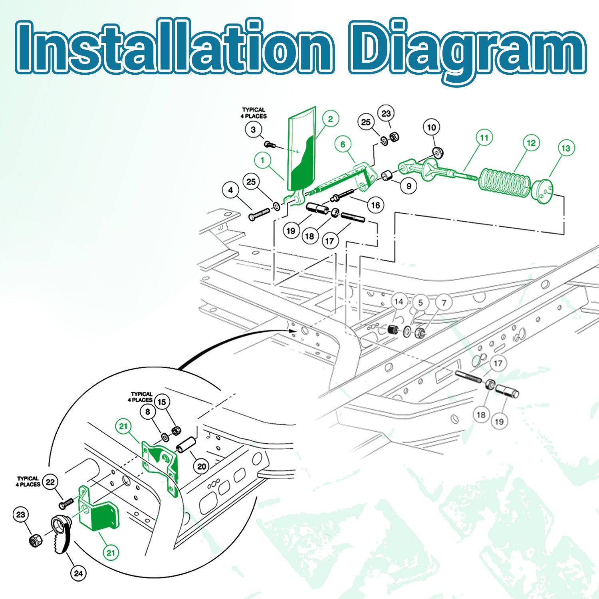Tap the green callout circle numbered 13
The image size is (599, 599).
566,148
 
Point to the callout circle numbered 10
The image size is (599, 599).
432,127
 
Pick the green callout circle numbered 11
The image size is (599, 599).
484,138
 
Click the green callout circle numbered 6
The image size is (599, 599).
343,144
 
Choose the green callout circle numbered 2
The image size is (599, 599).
330,119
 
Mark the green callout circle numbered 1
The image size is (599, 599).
262,161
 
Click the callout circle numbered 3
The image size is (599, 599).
253,129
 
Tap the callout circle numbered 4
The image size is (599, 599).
230,190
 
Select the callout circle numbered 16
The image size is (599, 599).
375,205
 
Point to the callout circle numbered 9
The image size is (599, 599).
409,186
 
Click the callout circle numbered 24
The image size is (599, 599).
79,573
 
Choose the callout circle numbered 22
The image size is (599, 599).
50,482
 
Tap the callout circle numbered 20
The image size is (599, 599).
202,466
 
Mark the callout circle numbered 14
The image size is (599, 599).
399,301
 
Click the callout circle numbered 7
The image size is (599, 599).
444,303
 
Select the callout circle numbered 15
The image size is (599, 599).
162,402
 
